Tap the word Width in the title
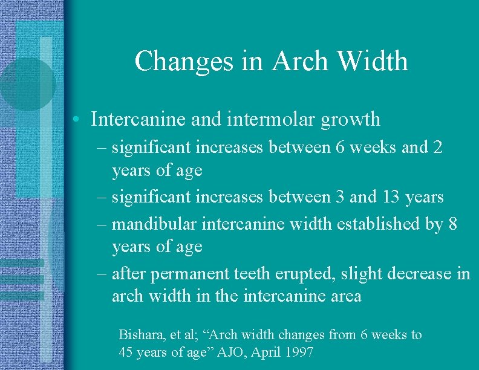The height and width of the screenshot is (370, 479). [373, 61]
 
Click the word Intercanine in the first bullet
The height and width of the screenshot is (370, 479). [138, 119]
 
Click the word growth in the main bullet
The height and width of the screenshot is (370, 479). [351, 120]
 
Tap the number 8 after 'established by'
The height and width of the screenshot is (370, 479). [454, 224]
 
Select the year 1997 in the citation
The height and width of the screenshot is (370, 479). [300, 351]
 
